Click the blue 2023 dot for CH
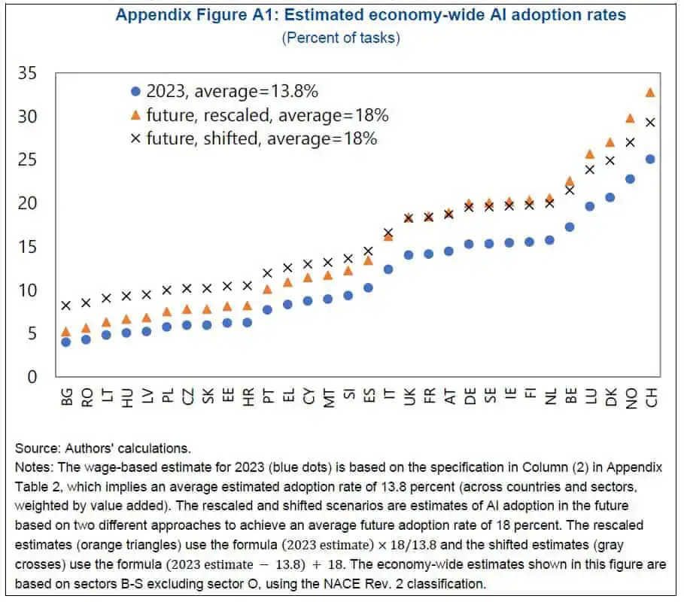[x=650, y=160]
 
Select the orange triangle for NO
[x=631, y=118]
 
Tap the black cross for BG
[x=66, y=306]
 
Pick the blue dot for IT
[x=388, y=269]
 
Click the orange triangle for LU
[x=590, y=154]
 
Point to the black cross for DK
[x=610, y=160]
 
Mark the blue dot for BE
[x=570, y=227]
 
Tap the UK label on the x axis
[x=409, y=397]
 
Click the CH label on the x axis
[x=651, y=397]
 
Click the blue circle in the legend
[x=135, y=92]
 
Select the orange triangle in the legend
[x=135, y=115]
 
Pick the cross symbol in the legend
[x=135, y=138]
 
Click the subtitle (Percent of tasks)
[x=341, y=38]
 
